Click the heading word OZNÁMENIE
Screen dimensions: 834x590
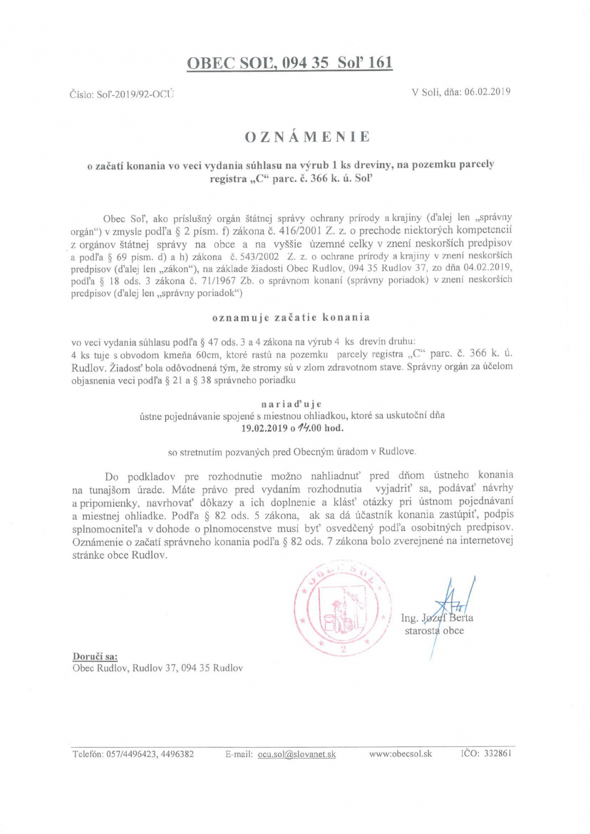(308, 137)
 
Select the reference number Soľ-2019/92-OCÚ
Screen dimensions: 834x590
(135, 94)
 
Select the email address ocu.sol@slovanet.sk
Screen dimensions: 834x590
(296, 754)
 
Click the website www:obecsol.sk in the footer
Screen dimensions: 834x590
(401, 754)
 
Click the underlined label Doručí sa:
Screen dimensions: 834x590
(95, 656)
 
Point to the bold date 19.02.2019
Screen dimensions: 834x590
(264, 428)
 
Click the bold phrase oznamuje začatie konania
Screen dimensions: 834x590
(291, 317)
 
